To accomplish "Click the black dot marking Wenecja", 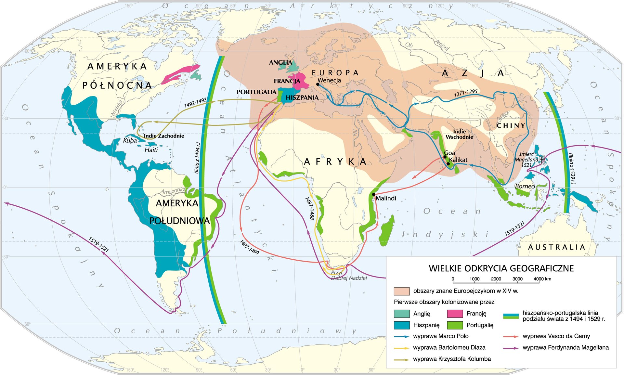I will point(318,84).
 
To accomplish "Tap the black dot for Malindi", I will point(374,194).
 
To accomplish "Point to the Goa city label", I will point(449,153).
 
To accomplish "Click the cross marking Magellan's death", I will point(541,160).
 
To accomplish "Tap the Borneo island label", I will point(525,187).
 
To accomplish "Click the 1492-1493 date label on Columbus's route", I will point(195,103).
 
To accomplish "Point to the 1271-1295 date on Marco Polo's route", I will point(465,93).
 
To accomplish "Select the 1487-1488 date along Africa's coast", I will point(310,208).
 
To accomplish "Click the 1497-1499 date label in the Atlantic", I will point(249,247).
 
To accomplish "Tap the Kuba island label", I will point(130,141).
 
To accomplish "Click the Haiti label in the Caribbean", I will point(151,150).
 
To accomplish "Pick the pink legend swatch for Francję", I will point(455,314).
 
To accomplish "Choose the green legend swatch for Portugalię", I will point(455,325).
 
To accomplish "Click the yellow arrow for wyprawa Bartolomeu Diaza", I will point(401,348).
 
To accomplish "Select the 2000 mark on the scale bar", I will point(496,279).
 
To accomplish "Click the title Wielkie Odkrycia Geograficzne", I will point(501,268).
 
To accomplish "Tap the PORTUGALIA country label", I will point(256,92).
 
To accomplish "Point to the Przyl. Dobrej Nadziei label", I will point(348,275).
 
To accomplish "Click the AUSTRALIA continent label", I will point(556,247).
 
